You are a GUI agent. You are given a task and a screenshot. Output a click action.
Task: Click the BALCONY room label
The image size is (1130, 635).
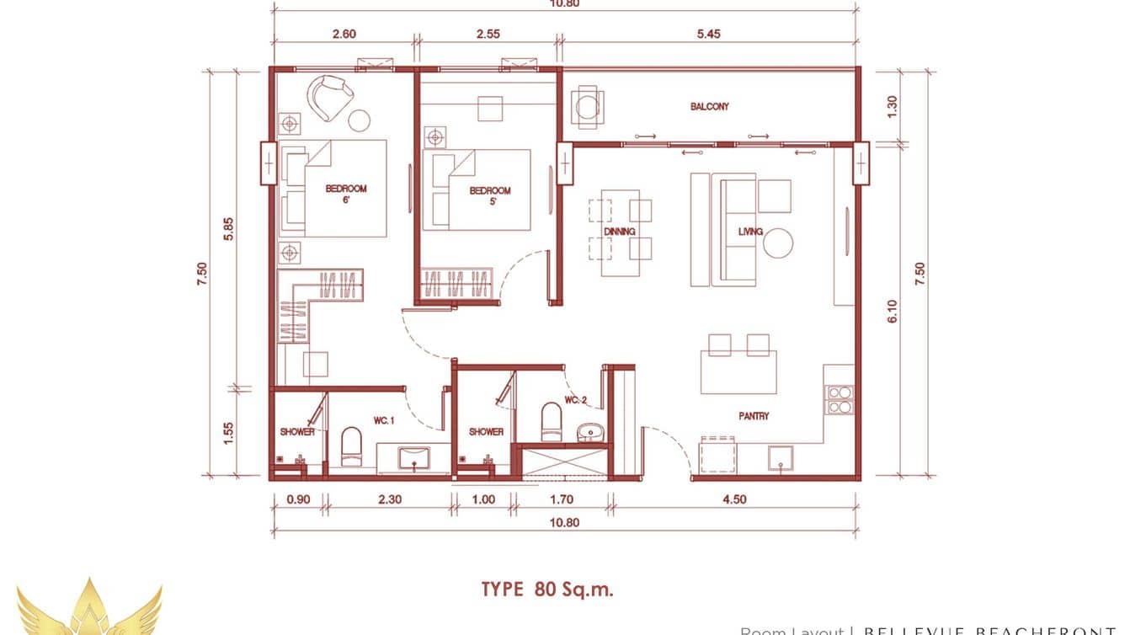pos(709,107)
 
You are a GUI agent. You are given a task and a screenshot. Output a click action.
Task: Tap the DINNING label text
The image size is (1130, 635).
pos(619,231)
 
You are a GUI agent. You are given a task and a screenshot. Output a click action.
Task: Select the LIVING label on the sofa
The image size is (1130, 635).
pos(749,232)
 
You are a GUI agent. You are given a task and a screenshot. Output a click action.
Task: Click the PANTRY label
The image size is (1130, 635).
pos(754,416)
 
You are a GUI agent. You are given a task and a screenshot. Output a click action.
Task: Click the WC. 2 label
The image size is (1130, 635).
pos(575,400)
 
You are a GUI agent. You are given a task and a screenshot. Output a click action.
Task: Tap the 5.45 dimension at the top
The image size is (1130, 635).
pos(708,35)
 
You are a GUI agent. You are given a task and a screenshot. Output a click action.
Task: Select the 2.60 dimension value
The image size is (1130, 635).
pos(344,35)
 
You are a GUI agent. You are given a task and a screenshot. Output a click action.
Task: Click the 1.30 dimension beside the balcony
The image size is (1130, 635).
pos(893,105)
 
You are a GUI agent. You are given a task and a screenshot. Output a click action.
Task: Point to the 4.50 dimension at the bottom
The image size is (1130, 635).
pos(733,499)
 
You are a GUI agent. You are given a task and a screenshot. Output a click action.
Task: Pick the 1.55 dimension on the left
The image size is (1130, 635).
pos(228,432)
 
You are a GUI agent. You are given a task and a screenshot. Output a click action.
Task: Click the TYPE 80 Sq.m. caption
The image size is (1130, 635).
pos(547,589)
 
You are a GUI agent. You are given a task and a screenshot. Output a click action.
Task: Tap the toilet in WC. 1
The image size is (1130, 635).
pos(350,446)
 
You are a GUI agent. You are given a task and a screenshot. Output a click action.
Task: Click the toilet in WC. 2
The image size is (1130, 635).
pos(551,421)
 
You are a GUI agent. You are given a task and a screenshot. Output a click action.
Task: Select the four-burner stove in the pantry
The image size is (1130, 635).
pos(840,400)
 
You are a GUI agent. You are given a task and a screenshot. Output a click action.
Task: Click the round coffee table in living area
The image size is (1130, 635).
pos(778,243)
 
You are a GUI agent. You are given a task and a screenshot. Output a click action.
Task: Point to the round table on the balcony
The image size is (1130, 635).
pos(586,105)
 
